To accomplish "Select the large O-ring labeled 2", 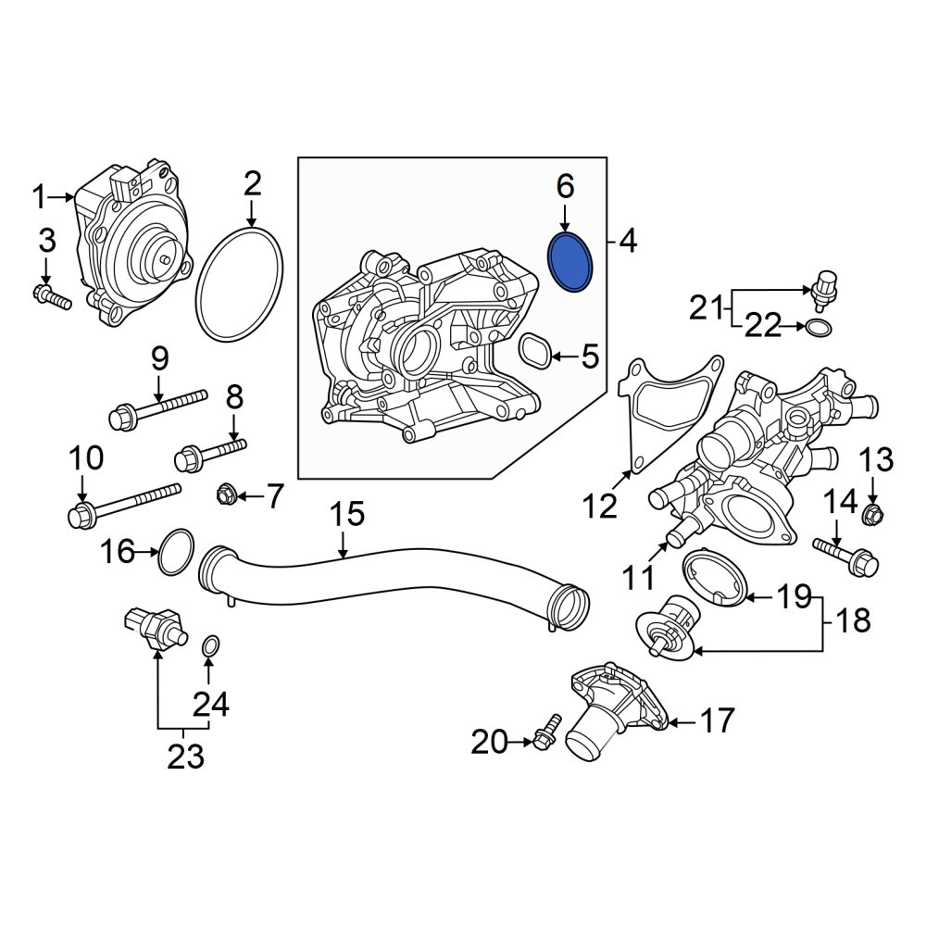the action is click(197, 283).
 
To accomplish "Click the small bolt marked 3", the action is click(53, 296).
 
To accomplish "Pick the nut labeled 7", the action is click(226, 494).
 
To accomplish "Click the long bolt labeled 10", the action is click(124, 507).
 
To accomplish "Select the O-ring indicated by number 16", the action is click(159, 552).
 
